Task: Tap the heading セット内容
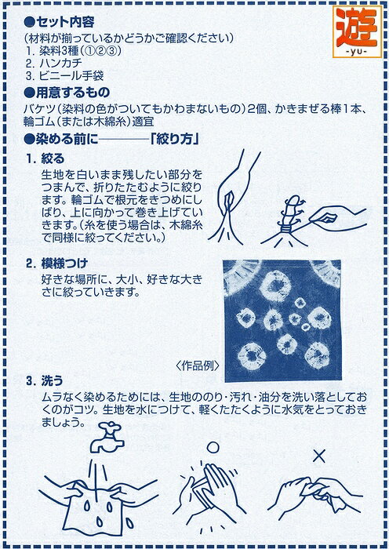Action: (59, 23)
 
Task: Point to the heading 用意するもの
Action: (67, 93)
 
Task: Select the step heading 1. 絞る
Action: (45, 159)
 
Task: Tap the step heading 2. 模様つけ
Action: (56, 264)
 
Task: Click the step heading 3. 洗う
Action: (45, 381)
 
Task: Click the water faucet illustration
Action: (107, 438)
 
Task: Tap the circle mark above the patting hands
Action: (213, 448)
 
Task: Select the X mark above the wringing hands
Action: (318, 456)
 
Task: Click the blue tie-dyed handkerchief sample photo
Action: (282, 320)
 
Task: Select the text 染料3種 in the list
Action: (58, 51)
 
